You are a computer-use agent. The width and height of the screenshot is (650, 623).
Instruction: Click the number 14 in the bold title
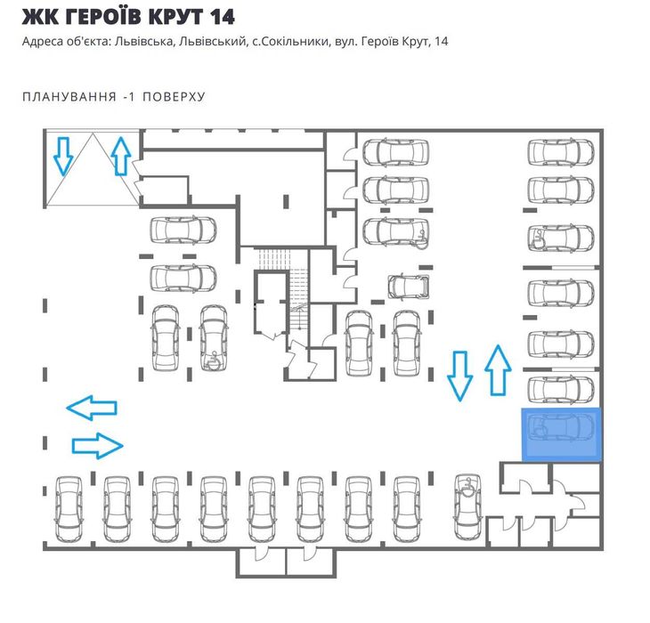coord(222,17)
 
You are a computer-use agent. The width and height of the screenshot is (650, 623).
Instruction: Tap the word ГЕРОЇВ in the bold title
coord(102,16)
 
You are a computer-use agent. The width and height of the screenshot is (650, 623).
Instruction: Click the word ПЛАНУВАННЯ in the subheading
coord(69,96)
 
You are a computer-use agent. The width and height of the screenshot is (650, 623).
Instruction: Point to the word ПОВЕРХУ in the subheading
coord(175,96)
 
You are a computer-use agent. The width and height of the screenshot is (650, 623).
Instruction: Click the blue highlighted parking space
coord(561,434)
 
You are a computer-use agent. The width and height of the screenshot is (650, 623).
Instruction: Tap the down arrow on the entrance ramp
coord(63,156)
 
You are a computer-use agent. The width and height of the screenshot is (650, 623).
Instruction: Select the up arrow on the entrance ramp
coord(121,156)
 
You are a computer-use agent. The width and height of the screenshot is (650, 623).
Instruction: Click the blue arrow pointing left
coord(92,408)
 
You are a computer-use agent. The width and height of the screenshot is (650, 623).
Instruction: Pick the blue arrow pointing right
coord(98,446)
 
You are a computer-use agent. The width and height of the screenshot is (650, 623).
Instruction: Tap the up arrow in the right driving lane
coord(498,370)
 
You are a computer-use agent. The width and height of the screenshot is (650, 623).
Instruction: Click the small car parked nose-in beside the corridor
coord(409,286)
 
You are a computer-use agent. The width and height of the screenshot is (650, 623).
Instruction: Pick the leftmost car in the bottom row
coord(69,509)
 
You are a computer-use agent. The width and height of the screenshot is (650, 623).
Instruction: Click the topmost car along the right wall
coord(561,153)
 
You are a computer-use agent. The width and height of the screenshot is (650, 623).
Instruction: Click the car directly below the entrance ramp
coord(183,230)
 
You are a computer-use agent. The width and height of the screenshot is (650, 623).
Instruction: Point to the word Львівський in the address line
coord(212,42)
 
